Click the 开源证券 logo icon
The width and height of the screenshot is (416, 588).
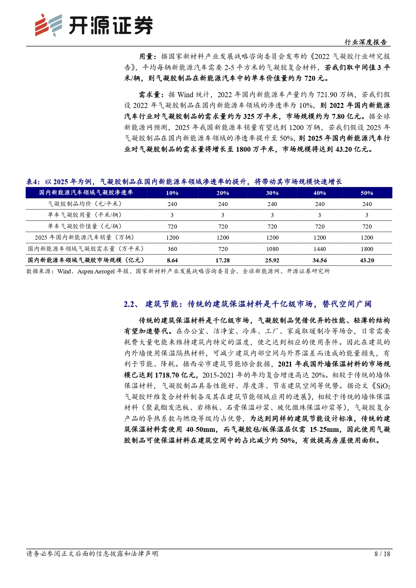(48, 25)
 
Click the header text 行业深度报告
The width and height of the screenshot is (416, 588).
(366, 42)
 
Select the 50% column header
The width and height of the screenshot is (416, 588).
(367, 193)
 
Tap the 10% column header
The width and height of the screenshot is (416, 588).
(172, 193)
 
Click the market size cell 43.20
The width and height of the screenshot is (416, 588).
(367, 260)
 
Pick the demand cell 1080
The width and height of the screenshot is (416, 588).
(272, 249)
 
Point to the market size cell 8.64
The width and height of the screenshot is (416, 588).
(172, 260)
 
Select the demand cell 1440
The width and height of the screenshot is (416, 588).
(319, 249)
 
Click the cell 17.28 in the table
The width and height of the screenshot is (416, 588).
(223, 260)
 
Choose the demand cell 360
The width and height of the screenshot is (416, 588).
(172, 249)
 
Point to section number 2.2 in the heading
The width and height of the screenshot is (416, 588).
(129, 304)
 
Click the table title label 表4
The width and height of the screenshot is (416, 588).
(33, 182)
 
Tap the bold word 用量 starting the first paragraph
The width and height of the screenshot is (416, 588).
(146, 57)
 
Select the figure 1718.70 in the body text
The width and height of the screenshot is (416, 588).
(167, 375)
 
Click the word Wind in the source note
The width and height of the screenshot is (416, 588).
(64, 271)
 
